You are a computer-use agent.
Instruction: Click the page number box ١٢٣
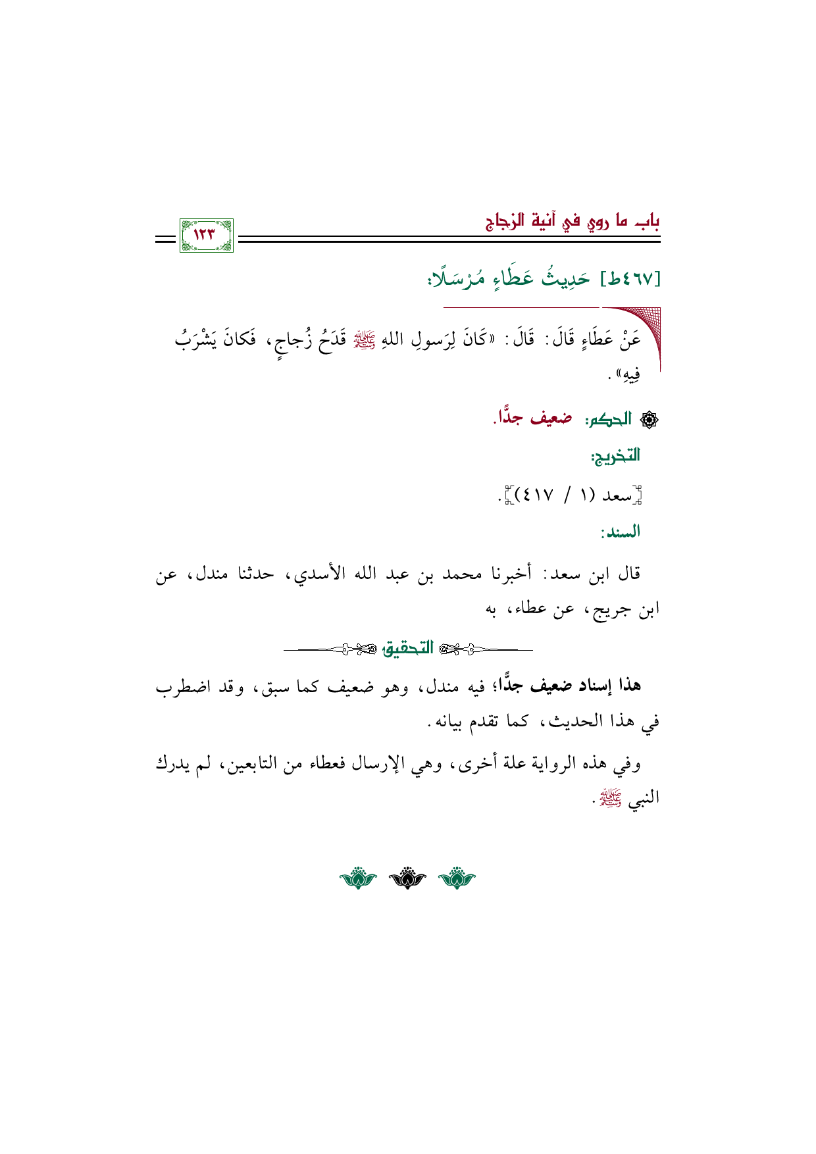(x=206, y=236)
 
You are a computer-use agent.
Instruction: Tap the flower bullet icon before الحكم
(x=650, y=420)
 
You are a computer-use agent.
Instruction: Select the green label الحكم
(x=609, y=419)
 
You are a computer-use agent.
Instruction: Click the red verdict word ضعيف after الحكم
(x=551, y=418)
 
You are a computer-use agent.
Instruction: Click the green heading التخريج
(x=616, y=455)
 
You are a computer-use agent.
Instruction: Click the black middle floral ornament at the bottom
(x=407, y=878)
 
